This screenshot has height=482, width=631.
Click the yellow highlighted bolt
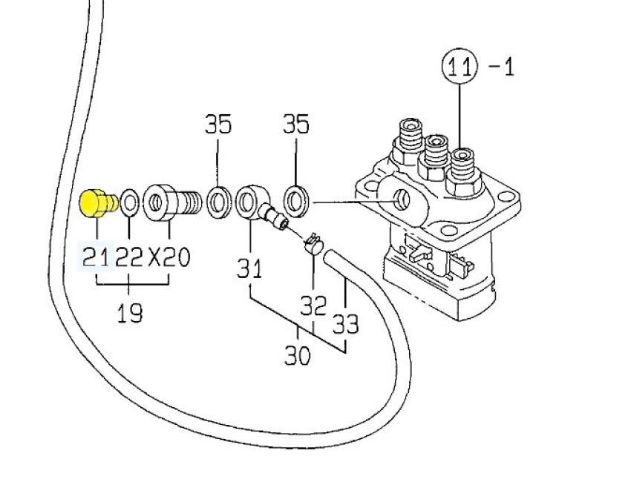97,202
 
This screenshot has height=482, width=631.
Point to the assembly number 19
130,312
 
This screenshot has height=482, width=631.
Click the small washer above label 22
129,202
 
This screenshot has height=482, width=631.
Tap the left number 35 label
218,124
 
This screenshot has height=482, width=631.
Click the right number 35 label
295,124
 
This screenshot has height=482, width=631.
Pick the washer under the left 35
218,200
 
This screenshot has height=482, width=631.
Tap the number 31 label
249,267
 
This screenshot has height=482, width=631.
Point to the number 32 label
313,305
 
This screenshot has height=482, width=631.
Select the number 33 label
346,324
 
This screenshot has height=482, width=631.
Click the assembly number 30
298,356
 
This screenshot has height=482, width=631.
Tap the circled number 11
459,67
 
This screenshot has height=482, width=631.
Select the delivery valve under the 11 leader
462,167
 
